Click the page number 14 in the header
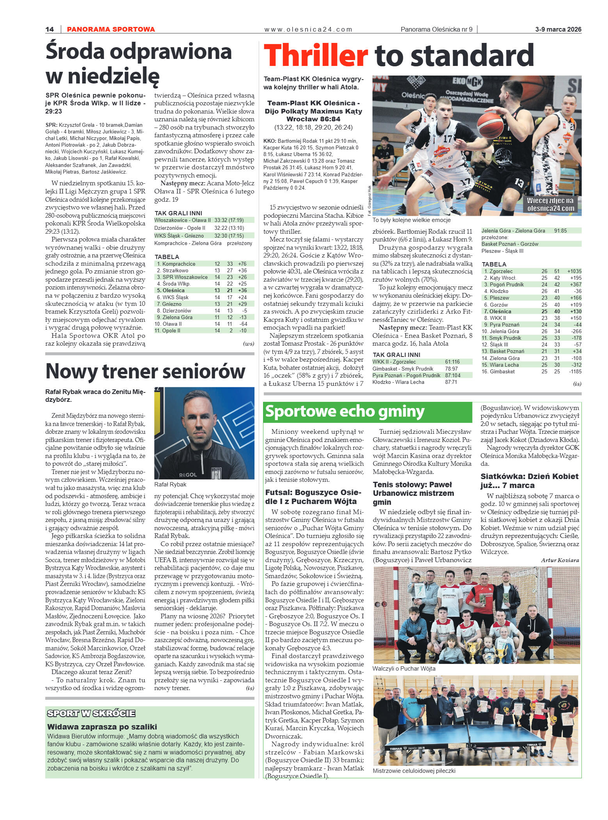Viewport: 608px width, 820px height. [50, 29]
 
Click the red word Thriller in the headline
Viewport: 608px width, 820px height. [316, 56]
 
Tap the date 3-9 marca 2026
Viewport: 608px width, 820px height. [558, 29]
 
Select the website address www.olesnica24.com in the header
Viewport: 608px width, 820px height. [308, 29]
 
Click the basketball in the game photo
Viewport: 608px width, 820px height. [490, 125]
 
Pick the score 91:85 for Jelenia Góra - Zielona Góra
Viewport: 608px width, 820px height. [560, 231]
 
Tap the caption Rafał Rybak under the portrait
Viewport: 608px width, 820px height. [170, 485]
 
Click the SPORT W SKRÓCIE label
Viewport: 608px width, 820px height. [91, 713]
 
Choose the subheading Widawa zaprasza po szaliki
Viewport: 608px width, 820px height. [102, 727]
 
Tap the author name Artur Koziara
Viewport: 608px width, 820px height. [560, 560]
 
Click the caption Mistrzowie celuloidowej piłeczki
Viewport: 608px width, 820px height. [414, 771]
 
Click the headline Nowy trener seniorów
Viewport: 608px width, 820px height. [145, 371]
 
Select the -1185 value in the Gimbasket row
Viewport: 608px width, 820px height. [575, 371]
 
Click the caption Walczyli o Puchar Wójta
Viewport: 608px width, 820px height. [404, 668]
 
